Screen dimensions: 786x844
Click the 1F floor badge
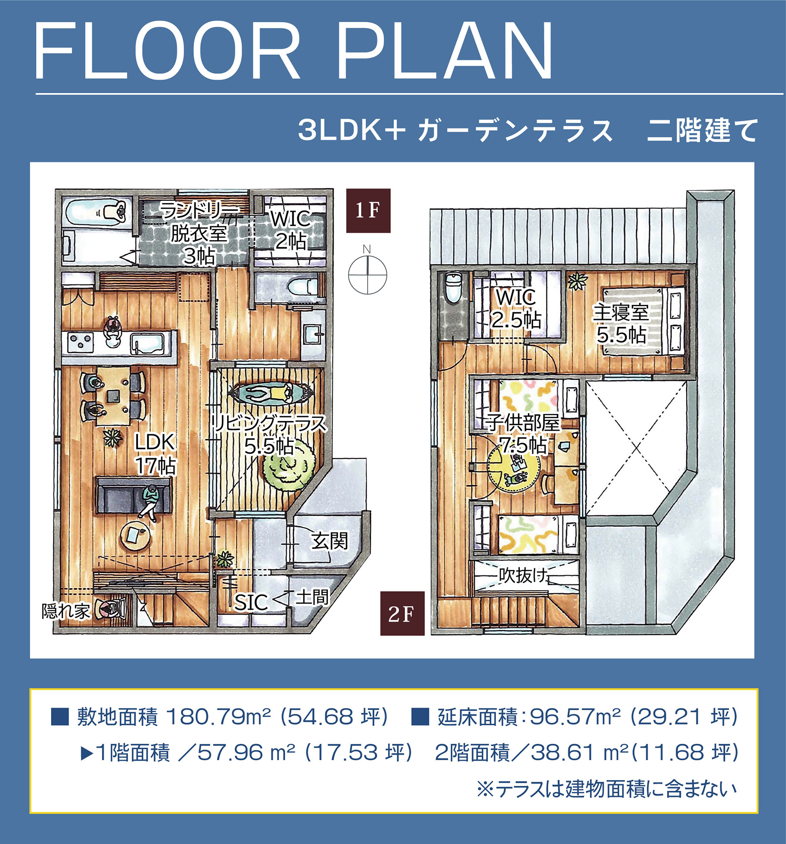coord(368,210)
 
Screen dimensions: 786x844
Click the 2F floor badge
coord(402,613)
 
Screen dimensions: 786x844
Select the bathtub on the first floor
coord(94,212)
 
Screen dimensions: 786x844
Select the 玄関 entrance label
coord(330,540)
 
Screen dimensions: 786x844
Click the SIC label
coord(251,602)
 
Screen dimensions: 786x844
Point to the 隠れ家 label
coord(66,611)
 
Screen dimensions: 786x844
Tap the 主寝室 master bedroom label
coord(621,312)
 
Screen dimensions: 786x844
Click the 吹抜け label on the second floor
coord(523,576)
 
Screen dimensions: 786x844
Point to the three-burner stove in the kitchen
coord(80,342)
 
